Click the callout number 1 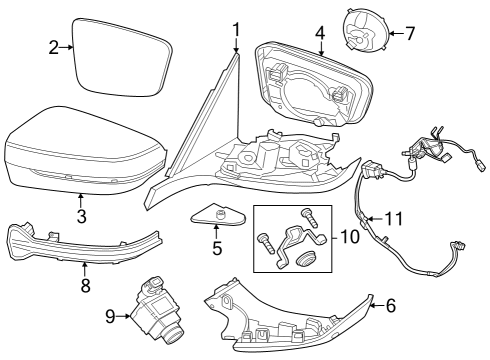click(236, 29)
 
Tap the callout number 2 click(54, 46)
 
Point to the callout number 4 click(320, 32)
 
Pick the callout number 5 click(216, 247)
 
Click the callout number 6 click(391, 306)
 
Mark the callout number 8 click(85, 285)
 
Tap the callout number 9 click(110, 317)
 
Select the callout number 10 click(348, 237)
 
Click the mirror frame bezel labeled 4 click(310, 85)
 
